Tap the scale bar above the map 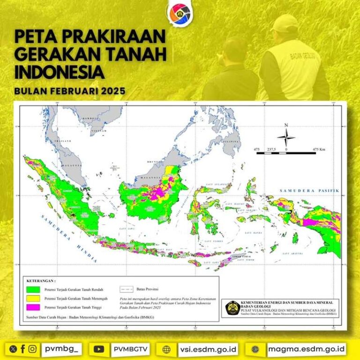pyautogui.click(x=285, y=152)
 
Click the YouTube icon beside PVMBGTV pyautogui.click(x=99, y=349)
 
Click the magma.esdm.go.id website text pyautogui.click(x=307, y=349)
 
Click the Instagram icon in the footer pyautogui.click(x=32, y=349)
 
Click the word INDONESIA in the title pyautogui.click(x=59, y=72)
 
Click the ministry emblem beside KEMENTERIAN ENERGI pyautogui.click(x=231, y=308)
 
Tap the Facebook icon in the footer pyautogui.click(x=22, y=349)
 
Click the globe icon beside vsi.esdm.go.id pyautogui.click(x=166, y=349)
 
